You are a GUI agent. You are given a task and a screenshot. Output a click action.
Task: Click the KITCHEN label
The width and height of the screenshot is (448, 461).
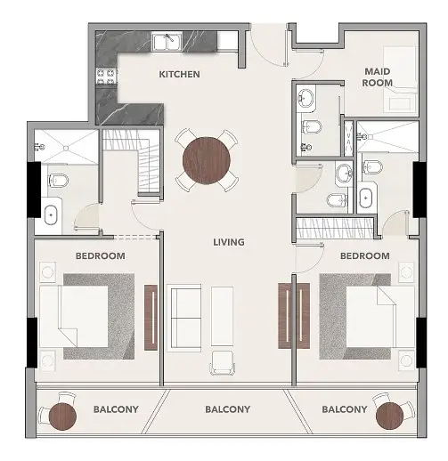179,74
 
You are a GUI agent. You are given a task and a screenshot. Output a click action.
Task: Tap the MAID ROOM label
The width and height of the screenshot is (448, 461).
377,77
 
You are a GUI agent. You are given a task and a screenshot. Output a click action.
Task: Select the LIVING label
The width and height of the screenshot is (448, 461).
229,242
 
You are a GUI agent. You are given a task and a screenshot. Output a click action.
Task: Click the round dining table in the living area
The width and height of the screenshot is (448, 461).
207,160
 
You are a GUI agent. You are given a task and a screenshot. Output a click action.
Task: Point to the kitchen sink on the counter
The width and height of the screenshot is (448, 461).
167,43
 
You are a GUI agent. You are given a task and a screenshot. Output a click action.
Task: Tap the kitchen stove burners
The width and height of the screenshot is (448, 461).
106,77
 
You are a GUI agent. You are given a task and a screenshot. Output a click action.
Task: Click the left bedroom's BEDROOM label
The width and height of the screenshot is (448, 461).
101,256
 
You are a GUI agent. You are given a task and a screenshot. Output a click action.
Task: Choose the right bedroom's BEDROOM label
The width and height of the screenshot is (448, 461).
365,256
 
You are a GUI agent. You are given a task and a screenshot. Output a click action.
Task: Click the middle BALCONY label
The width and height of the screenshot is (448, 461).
228,409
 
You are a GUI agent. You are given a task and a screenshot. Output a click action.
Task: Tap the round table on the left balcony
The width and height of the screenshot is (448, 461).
62,417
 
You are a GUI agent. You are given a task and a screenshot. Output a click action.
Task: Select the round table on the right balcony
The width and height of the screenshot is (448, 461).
389,416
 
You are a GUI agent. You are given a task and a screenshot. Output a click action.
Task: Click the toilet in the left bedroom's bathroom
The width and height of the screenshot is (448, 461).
58,180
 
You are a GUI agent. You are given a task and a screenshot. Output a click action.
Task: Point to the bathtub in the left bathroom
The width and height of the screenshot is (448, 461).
52,214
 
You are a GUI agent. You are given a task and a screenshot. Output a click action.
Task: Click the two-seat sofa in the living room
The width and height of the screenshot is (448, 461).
184,318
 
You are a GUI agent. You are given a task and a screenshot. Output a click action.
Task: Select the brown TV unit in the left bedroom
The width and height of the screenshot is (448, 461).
151,318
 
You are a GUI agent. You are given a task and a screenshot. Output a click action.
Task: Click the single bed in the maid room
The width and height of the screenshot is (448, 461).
400,79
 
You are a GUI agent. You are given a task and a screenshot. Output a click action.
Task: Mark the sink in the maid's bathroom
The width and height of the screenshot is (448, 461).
305,97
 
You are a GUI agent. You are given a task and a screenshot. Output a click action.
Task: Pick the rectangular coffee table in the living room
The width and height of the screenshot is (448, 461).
222,316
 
